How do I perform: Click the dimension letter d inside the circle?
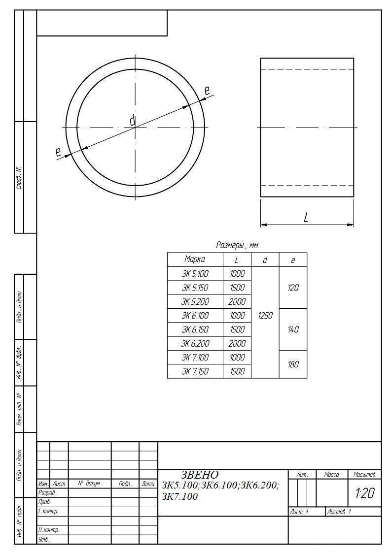[x=133, y=121]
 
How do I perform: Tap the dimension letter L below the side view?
[x=306, y=217]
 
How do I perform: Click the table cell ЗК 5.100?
[x=195, y=274]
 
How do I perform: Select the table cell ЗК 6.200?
[x=195, y=344]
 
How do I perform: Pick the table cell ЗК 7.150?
[x=195, y=371]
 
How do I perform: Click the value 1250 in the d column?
[x=265, y=316]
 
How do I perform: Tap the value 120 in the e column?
[x=293, y=288]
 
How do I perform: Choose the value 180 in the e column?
[x=293, y=364]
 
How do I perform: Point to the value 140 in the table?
[x=293, y=329]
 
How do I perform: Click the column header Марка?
[x=195, y=260]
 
